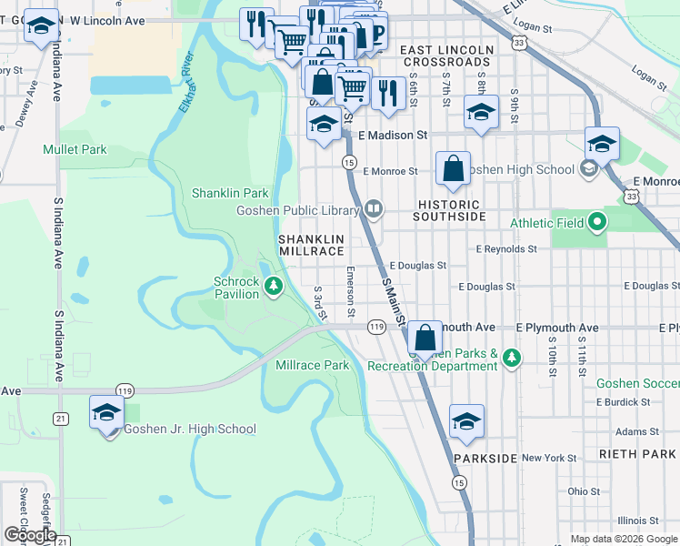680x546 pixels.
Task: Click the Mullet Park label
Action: [x=75, y=149]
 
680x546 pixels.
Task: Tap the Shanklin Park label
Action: [x=230, y=193]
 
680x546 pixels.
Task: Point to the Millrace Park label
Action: [x=312, y=365]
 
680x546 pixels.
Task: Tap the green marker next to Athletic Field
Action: [x=596, y=222]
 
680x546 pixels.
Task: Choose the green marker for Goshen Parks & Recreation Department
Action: [x=513, y=359]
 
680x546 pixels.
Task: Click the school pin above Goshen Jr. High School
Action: [x=107, y=412]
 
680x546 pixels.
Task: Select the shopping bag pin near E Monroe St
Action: [x=453, y=169]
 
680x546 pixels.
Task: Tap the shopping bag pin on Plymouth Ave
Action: [x=425, y=338]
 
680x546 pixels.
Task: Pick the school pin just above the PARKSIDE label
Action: [x=466, y=421]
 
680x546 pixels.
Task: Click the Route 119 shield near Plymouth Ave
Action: [x=376, y=327]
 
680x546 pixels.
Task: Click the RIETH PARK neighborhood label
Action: [x=635, y=453]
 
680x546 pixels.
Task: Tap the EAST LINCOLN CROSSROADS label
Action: [x=446, y=56]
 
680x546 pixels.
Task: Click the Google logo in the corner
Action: [x=29, y=535]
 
